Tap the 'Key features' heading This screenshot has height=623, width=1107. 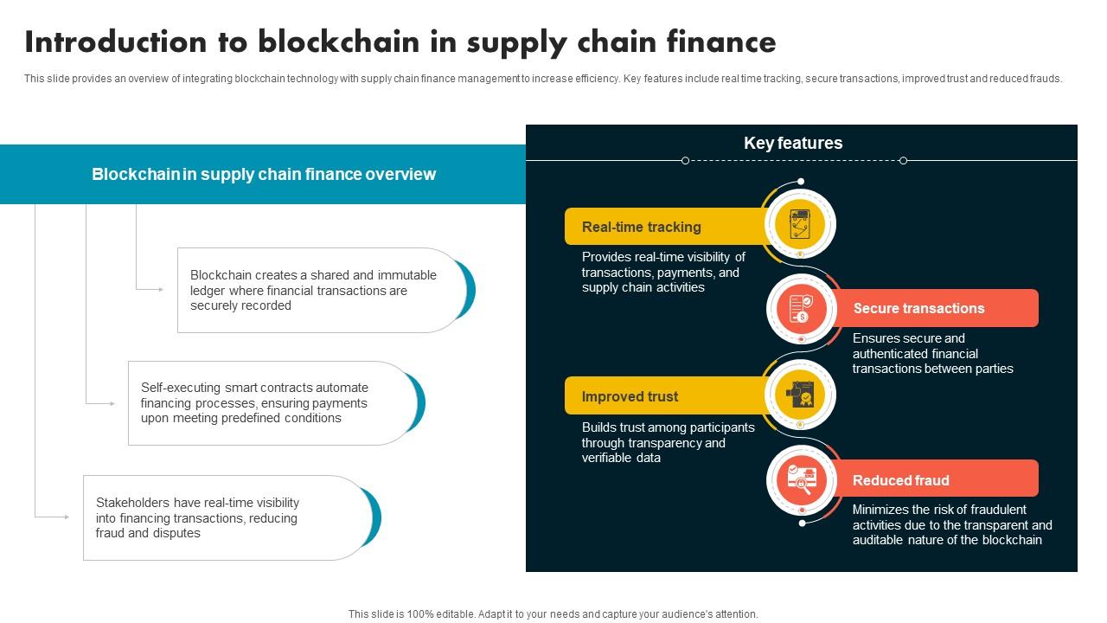point(793,143)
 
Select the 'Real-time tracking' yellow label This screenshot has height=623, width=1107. point(641,227)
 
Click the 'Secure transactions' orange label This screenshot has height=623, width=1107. point(918,308)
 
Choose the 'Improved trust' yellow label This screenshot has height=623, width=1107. point(630,396)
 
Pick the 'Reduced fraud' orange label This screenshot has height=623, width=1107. point(900,480)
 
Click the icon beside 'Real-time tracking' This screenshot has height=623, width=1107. point(800,224)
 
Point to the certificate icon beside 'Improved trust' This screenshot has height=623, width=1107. point(800,394)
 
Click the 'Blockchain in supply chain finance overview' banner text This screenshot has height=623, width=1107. point(264,174)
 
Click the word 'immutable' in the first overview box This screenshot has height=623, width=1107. point(407,275)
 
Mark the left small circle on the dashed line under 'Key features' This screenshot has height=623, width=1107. point(685,160)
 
